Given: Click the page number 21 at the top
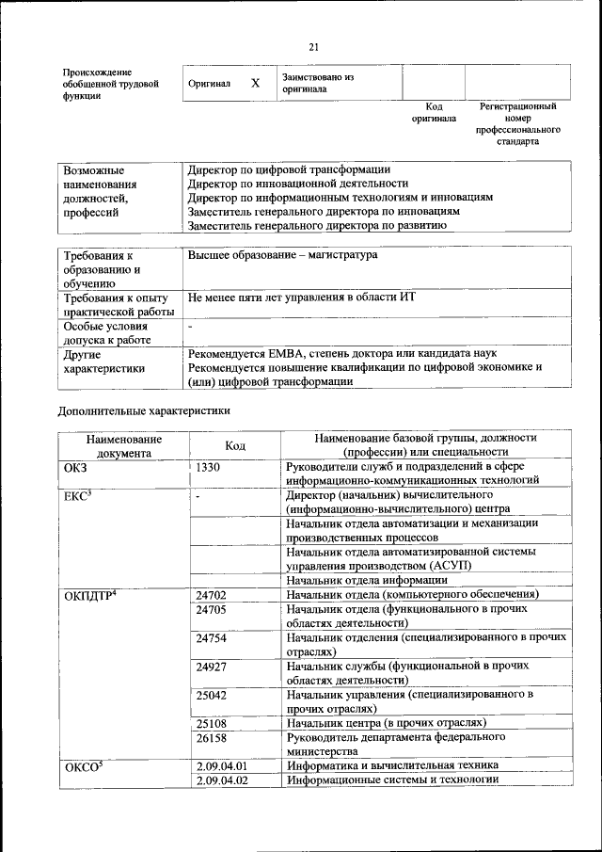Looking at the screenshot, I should tap(314, 47).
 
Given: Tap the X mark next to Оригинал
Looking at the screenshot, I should tap(255, 83).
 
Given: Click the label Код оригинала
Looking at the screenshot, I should tap(434, 112).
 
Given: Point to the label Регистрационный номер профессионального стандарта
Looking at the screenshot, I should tap(517, 123).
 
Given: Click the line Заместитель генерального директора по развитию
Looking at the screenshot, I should tap(316, 226).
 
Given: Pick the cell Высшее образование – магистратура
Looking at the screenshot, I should tap(282, 255).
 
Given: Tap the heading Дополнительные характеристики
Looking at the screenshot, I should tap(144, 410).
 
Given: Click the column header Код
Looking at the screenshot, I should tap(235, 445).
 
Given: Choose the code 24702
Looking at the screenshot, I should tap(212, 595).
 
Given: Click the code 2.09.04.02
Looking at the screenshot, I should tap(222, 780).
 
